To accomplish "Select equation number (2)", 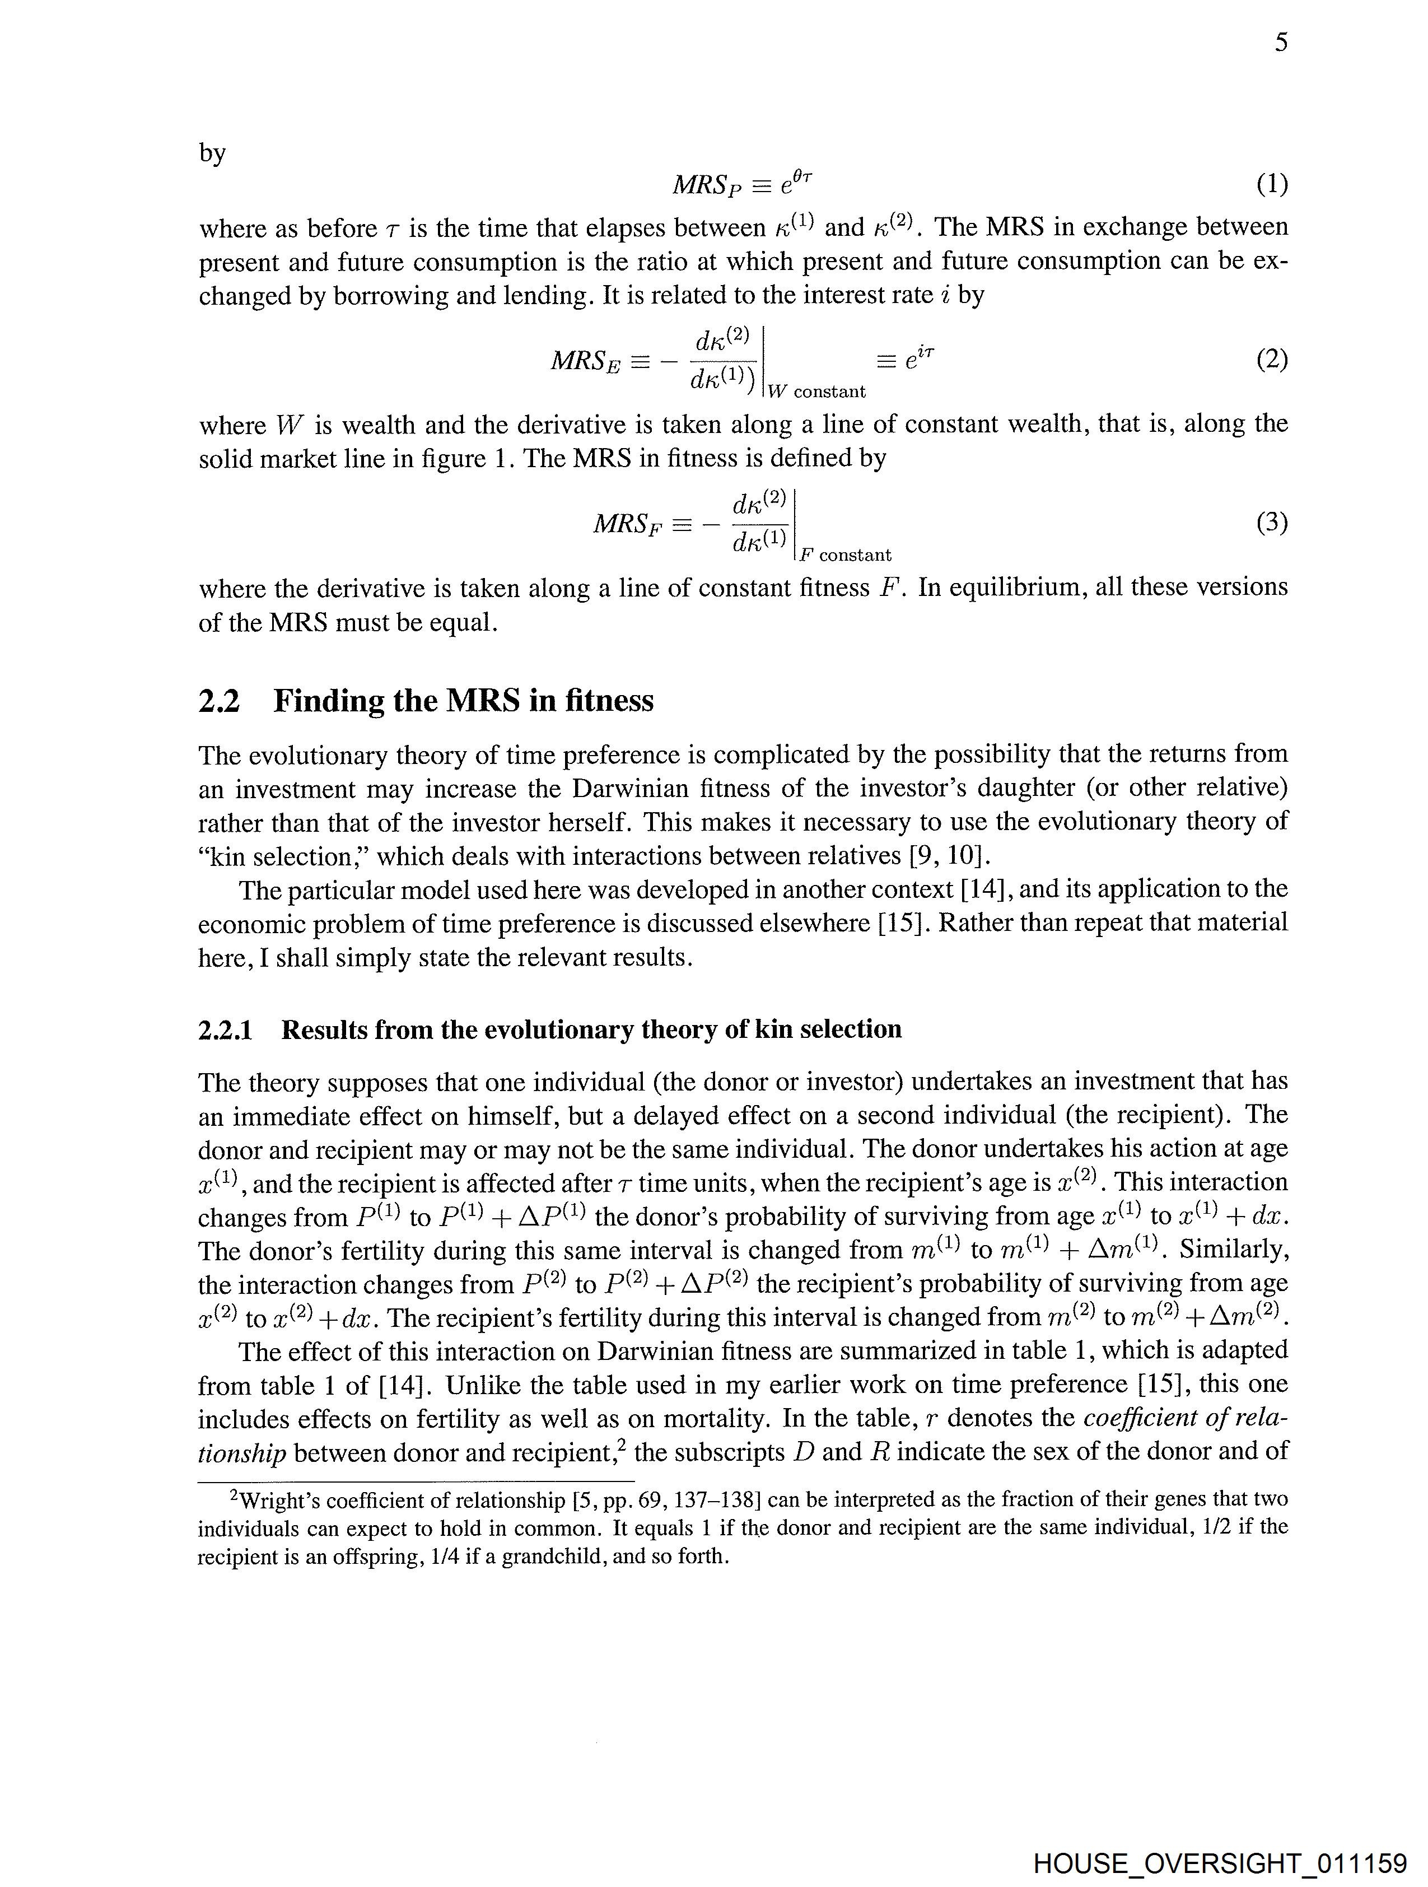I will tap(1271, 360).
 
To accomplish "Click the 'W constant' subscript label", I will tap(816, 392).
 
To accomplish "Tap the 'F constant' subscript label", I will tap(844, 556).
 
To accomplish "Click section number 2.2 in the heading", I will tap(219, 701).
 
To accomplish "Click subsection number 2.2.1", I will tap(225, 1031).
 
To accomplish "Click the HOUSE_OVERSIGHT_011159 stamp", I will tap(1219, 1862).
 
